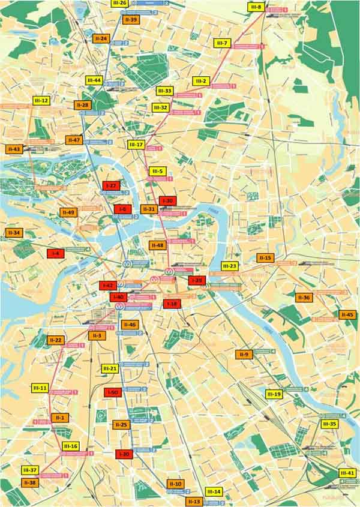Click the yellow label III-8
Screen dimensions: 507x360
click(255, 7)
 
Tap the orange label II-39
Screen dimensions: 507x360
click(131, 20)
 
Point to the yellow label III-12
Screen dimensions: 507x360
click(41, 101)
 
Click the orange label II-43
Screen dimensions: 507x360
click(13, 149)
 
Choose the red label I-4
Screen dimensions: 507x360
click(55, 254)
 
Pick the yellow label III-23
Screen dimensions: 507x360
click(230, 265)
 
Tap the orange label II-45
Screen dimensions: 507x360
click(347, 314)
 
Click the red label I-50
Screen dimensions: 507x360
click(113, 392)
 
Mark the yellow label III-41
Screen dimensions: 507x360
click(347, 473)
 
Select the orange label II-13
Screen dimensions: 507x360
click(194, 501)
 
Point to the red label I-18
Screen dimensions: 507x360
click(172, 304)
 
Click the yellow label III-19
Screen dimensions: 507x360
click(274, 394)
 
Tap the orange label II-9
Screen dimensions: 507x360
click(244, 355)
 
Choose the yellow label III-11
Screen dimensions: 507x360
click(40, 388)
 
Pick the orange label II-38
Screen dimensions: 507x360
click(29, 482)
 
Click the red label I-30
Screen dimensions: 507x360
click(168, 201)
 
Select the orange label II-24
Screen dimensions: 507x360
click(101, 39)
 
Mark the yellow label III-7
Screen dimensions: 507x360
click(222, 43)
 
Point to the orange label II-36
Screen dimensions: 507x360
click(304, 298)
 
